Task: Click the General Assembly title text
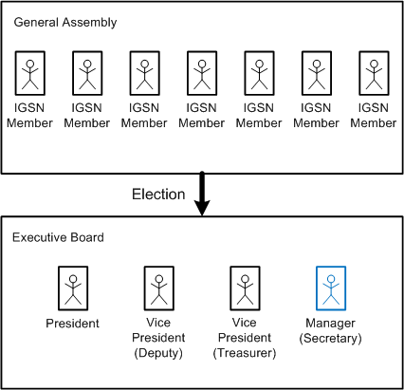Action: pos(60,20)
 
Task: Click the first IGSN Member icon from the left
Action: pos(30,72)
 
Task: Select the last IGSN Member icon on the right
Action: pos(373,72)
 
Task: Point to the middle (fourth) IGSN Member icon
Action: pos(201,72)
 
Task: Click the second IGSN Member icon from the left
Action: pos(87,72)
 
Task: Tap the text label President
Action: pos(72,324)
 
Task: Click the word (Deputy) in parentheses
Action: pos(158,354)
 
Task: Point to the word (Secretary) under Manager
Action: pos(331,339)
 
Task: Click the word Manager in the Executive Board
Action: pos(331,324)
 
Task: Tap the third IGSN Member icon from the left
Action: pos(144,72)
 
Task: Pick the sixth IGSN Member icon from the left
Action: pos(316,72)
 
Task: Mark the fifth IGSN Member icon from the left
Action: pos(259,72)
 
